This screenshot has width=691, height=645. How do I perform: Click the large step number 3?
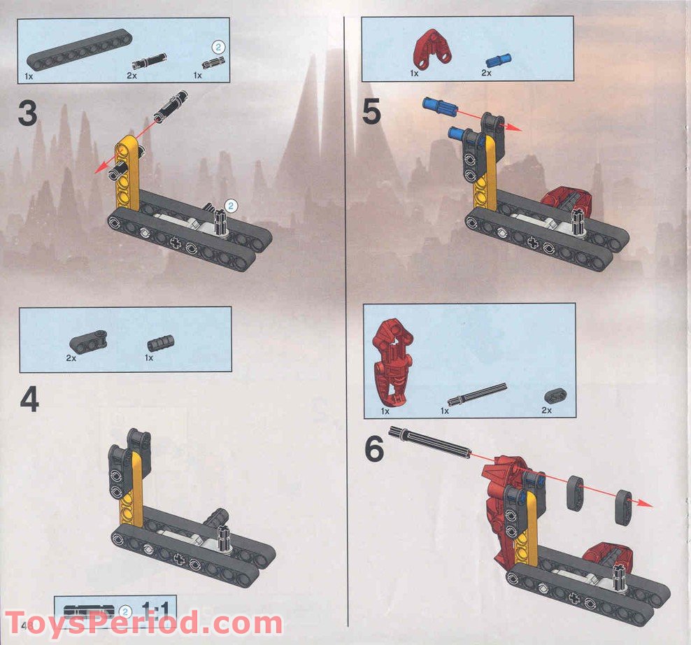coord(27,114)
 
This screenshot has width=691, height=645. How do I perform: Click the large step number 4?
coord(29,399)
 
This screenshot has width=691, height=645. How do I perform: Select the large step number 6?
coord(374,449)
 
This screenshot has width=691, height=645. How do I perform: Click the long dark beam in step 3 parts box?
coord(80,50)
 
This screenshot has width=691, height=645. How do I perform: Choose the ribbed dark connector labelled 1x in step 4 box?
coord(159,343)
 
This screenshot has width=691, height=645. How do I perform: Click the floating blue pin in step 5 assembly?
coord(439,108)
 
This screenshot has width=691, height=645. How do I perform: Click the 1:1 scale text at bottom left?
coord(157,608)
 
